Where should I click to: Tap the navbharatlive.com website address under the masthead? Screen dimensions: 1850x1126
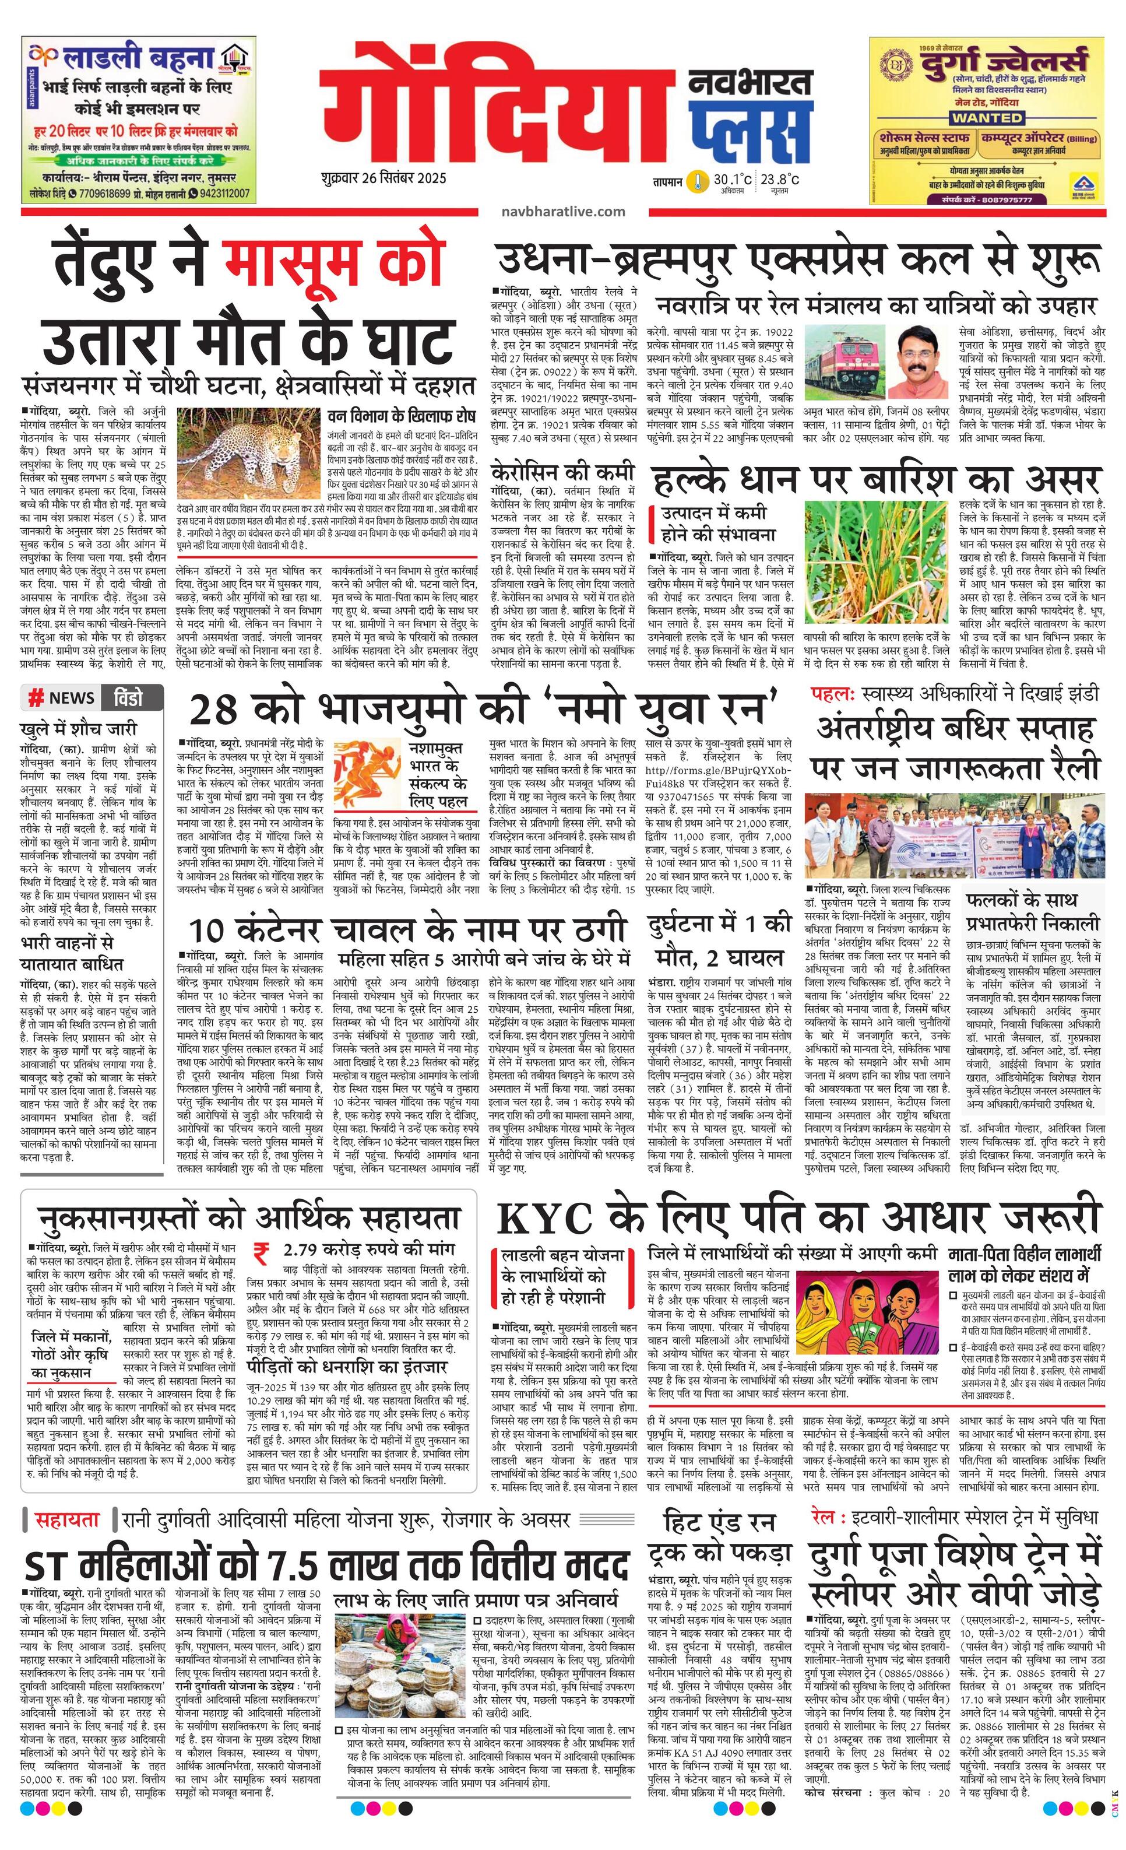click(x=563, y=211)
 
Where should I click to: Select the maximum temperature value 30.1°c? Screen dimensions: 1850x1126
click(x=732, y=180)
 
